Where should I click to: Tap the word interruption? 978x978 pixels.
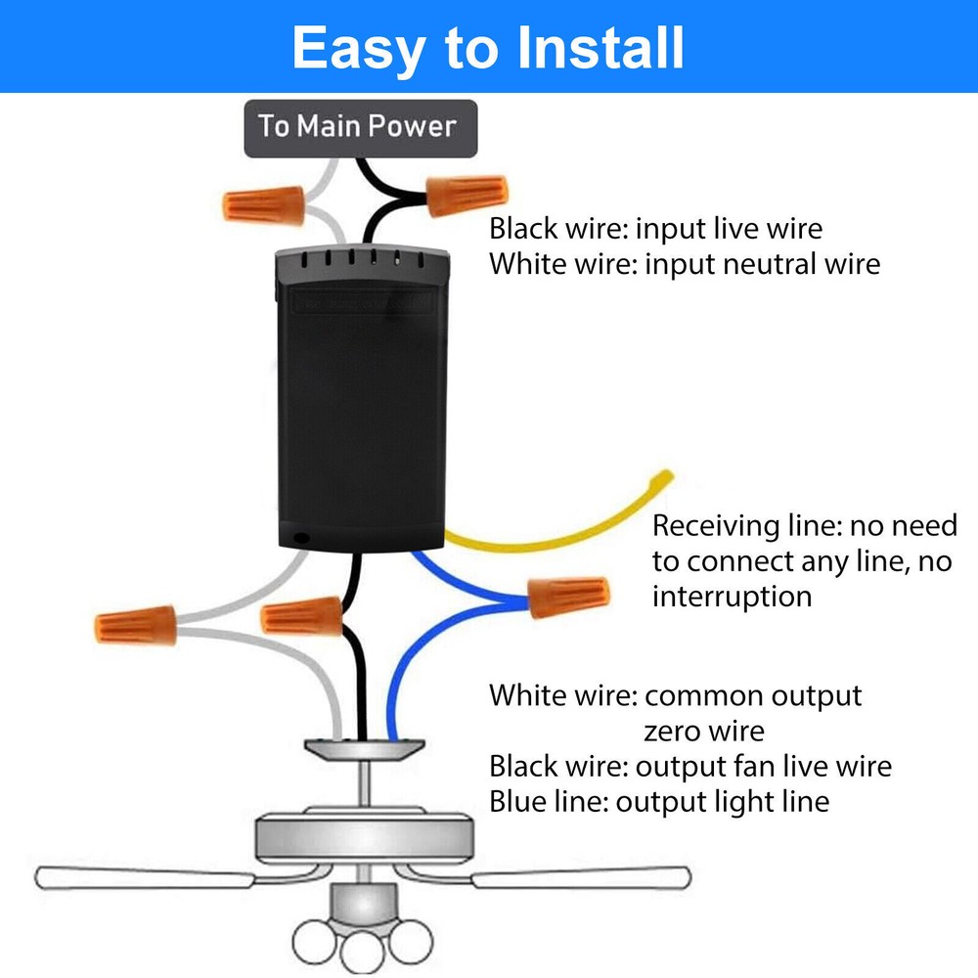(x=732, y=596)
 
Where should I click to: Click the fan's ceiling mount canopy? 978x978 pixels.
(x=363, y=748)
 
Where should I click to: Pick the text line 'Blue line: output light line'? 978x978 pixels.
(x=658, y=802)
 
